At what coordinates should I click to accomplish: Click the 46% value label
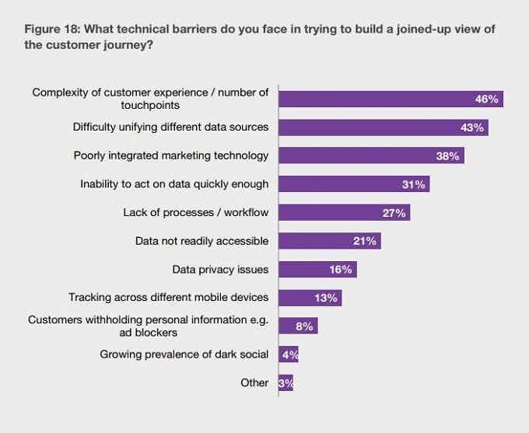coord(486,99)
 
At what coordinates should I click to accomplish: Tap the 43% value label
coord(471,127)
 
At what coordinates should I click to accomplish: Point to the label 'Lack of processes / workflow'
coord(196,212)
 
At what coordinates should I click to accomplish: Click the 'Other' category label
coord(255,382)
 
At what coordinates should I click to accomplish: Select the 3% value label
coord(286,383)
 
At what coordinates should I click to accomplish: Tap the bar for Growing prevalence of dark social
coord(288,354)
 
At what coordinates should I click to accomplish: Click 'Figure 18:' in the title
coord(52,29)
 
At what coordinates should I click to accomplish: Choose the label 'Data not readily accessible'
coord(202,241)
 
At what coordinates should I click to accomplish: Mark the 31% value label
coord(413,184)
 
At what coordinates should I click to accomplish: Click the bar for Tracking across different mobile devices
coord(310,298)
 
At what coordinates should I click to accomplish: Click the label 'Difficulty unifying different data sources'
coord(170,127)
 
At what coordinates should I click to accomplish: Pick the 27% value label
coord(394,212)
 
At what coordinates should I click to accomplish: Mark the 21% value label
coord(364,241)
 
